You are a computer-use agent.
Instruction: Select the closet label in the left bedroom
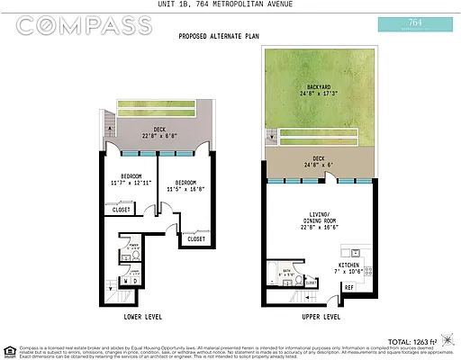click(x=121, y=210)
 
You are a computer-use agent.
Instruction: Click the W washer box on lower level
click(x=124, y=281)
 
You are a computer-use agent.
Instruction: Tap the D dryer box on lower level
click(x=134, y=281)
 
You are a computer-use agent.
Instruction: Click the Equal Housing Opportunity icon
click(x=10, y=349)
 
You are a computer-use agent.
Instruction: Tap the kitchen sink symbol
click(x=357, y=252)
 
